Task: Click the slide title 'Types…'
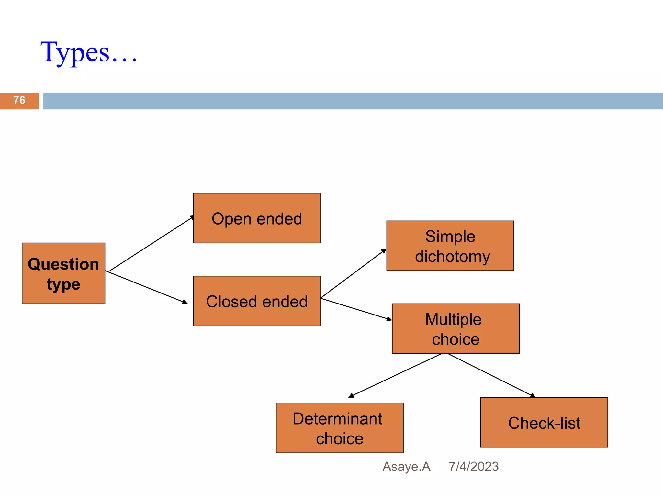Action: click(x=89, y=52)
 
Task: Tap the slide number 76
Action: click(x=19, y=100)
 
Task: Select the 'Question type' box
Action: click(x=63, y=273)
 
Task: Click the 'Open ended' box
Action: click(x=257, y=218)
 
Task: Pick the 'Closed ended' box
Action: click(x=257, y=301)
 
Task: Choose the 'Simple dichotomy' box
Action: click(x=450, y=246)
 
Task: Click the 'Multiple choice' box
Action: click(x=455, y=329)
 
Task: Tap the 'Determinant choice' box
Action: click(x=340, y=428)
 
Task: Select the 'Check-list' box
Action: click(x=544, y=423)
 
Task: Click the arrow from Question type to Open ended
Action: click(x=151, y=244)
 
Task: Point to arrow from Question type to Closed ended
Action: click(x=147, y=287)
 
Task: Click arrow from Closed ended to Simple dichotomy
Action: click(x=353, y=273)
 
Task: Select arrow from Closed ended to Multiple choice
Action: click(x=356, y=309)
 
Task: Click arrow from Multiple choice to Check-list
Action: click(x=491, y=375)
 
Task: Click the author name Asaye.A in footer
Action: click(x=406, y=467)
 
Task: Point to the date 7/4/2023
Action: click(x=473, y=467)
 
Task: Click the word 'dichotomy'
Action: click(x=453, y=257)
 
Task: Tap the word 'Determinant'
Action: click(x=337, y=419)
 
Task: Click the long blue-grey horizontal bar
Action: click(x=352, y=101)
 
